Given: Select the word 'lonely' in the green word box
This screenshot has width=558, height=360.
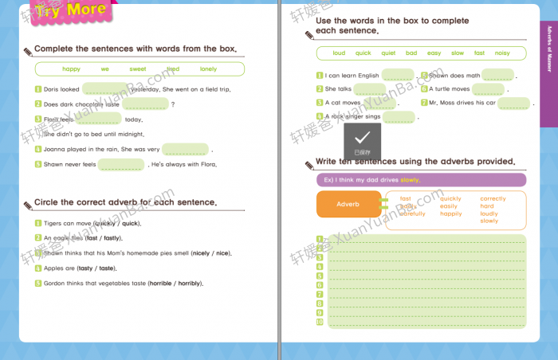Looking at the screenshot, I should coord(208,69).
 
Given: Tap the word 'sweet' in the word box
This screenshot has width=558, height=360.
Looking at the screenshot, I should coord(138,69).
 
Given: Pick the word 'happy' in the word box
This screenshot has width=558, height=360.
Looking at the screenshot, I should coord(72,69).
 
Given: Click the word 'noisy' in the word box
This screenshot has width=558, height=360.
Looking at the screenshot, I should coord(502,53).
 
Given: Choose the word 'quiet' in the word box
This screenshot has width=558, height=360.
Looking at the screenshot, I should coord(388,53).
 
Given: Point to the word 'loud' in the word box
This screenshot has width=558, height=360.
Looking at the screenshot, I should coord(339,53).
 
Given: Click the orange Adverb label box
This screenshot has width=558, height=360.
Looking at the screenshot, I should coord(348,205).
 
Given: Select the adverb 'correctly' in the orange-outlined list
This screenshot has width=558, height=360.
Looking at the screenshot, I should coord(493,198).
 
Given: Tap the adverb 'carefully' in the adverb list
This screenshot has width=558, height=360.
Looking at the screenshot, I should coord(412,213).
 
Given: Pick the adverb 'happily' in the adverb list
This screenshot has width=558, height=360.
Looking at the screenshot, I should coord(450,213).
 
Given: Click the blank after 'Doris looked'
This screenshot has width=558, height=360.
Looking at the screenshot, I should coord(104,89).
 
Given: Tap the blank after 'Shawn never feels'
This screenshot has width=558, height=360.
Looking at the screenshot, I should coord(122,165).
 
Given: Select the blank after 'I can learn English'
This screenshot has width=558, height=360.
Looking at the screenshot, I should coord(397,76).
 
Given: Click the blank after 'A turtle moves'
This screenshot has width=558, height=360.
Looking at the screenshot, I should coord(488,89).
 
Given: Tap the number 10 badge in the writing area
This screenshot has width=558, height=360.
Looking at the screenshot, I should coord(320,322).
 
